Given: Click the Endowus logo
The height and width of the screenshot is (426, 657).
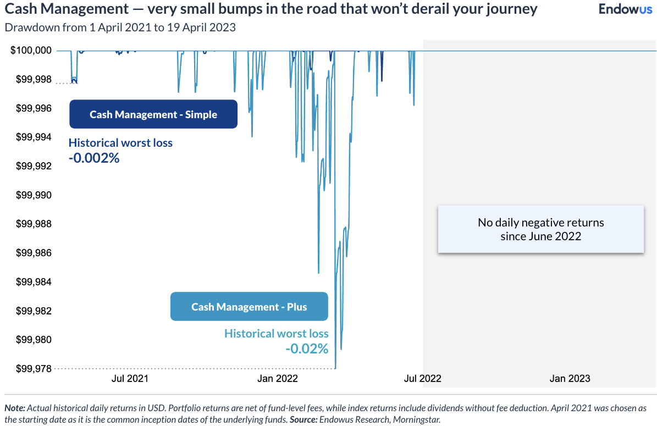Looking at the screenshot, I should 625,9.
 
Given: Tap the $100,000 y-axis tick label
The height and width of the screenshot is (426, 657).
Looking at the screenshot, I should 31,51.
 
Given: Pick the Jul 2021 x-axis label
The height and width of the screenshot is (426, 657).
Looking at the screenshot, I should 130,378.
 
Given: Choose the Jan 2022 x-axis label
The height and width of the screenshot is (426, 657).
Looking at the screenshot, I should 278,378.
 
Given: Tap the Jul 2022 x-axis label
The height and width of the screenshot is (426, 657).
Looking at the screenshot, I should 423,378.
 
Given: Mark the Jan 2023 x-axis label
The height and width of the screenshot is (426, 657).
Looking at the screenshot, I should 570,378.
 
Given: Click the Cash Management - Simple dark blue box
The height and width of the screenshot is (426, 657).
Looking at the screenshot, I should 153,114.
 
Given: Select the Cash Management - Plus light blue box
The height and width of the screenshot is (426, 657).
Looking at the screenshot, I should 249,307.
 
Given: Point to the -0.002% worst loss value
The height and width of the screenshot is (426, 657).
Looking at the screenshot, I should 94,158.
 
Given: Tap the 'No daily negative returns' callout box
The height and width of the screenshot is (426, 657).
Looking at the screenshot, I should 540,229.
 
